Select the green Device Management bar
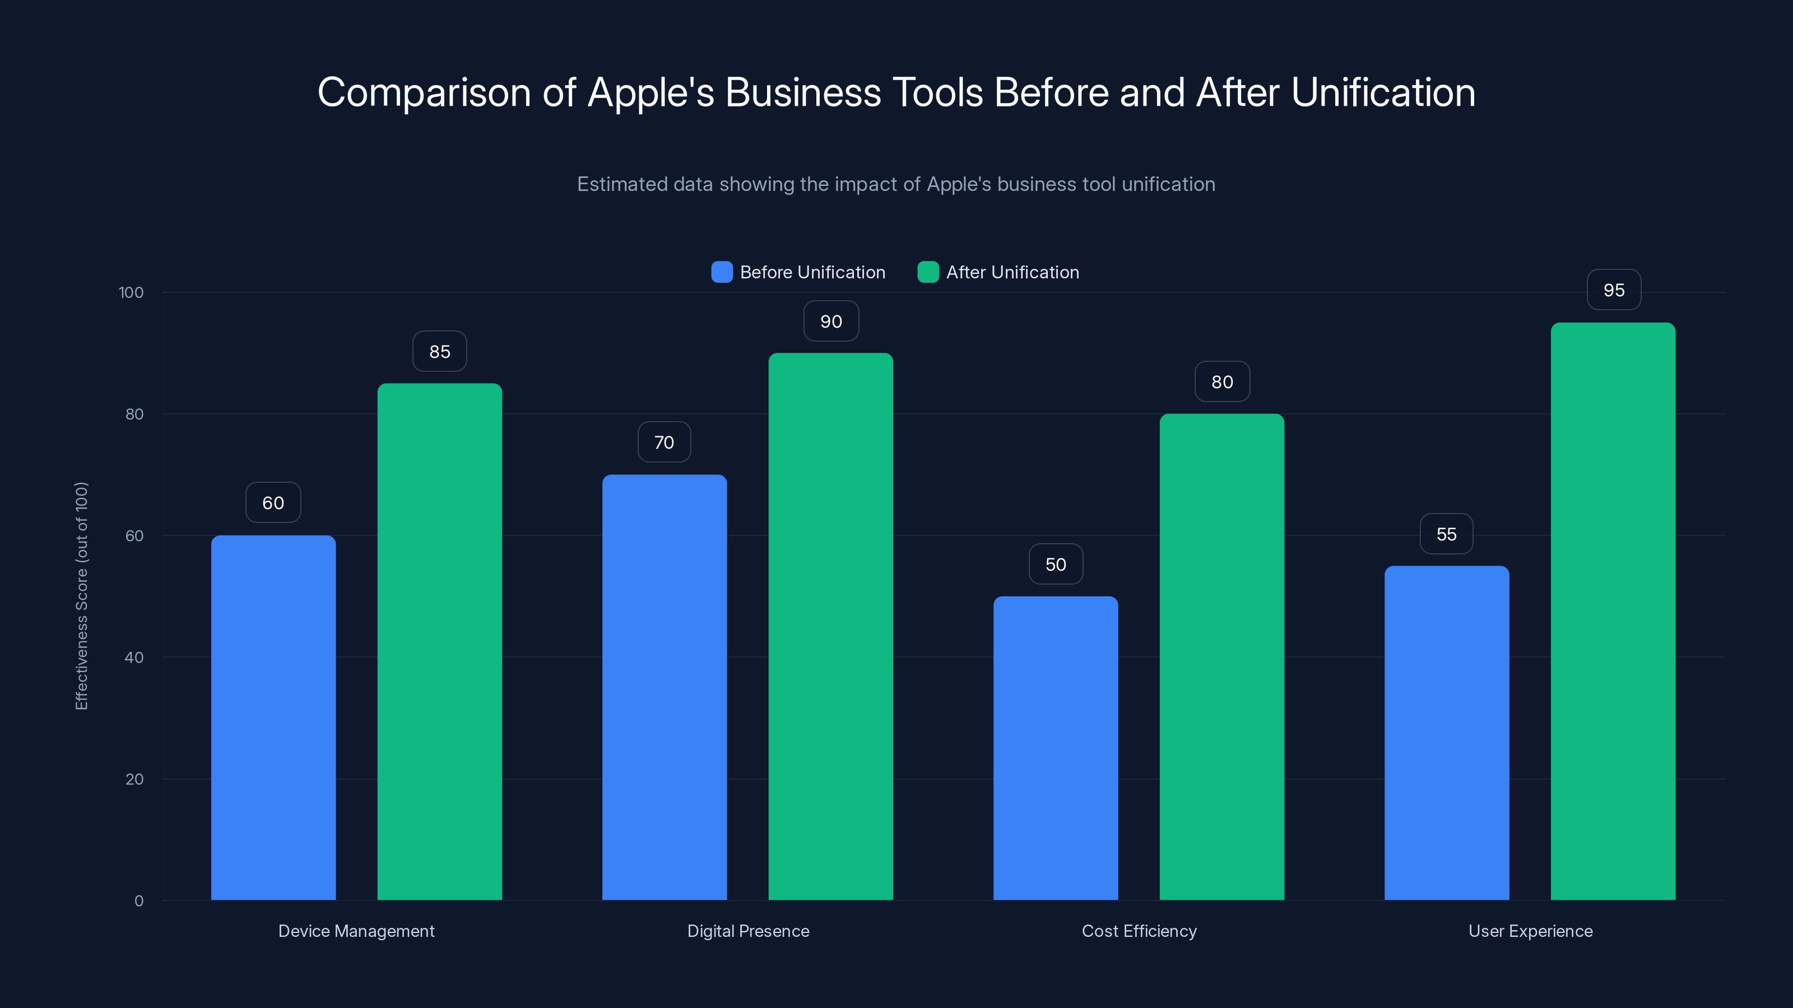(439, 641)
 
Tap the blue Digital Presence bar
(664, 687)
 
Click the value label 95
(1614, 290)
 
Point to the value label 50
(1055, 564)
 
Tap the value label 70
(664, 442)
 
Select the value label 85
(439, 351)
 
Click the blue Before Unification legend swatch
(722, 272)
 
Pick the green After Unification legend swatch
(928, 272)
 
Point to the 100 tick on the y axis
(131, 292)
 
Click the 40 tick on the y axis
(134, 657)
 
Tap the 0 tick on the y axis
(138, 901)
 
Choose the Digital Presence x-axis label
(747, 931)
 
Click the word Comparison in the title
(424, 92)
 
